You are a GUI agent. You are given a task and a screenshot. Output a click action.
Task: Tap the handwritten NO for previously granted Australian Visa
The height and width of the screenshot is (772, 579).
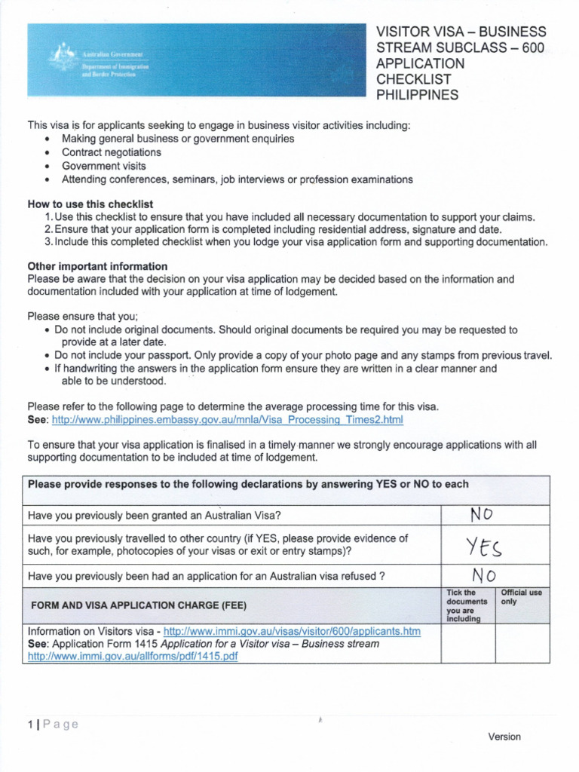point(481,515)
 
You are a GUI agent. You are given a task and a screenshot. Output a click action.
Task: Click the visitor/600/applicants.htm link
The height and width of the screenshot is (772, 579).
point(292,631)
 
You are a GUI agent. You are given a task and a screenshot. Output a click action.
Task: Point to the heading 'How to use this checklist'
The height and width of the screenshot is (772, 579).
point(90,204)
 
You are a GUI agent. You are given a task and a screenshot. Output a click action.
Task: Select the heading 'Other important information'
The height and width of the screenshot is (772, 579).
point(97,266)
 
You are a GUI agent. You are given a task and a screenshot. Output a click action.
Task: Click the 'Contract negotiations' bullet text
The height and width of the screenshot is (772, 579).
point(111,152)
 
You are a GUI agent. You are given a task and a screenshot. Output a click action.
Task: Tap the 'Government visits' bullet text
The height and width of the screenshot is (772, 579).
point(104,166)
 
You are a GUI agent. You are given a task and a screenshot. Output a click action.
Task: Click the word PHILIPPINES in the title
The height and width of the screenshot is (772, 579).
point(417,95)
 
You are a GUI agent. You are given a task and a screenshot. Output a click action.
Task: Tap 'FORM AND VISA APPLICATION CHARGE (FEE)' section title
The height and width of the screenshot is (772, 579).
point(138,605)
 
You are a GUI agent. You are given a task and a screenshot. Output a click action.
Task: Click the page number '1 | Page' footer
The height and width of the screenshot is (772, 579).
point(53,725)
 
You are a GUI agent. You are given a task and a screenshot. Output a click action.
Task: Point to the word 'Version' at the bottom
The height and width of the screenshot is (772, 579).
point(504,737)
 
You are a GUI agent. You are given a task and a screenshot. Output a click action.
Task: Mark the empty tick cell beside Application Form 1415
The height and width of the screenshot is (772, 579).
point(467,643)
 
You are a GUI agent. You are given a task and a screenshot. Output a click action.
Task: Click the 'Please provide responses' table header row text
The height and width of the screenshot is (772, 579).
point(248,484)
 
